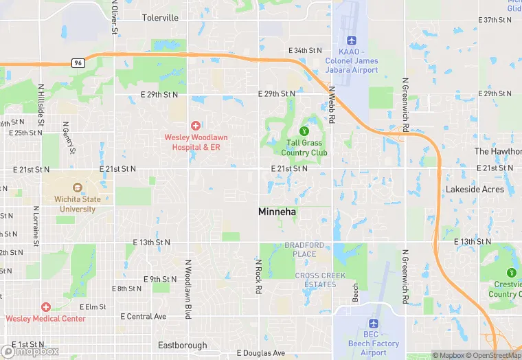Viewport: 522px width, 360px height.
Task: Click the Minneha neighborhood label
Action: coord(277,212)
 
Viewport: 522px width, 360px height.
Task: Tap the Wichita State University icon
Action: coord(77,188)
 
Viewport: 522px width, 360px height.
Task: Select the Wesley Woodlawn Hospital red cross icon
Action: coord(196,125)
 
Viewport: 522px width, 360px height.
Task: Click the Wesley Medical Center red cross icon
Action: coord(46,306)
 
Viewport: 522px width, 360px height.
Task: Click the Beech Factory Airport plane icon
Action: coord(374,323)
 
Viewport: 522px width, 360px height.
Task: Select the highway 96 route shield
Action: coord(78,63)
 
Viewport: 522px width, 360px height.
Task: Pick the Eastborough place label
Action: coord(182,345)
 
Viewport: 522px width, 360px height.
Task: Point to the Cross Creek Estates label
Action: coord(315,280)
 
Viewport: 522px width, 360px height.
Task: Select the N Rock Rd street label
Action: coord(259,276)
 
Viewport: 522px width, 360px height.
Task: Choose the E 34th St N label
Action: coord(305,51)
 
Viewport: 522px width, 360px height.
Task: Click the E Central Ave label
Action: coord(144,317)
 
